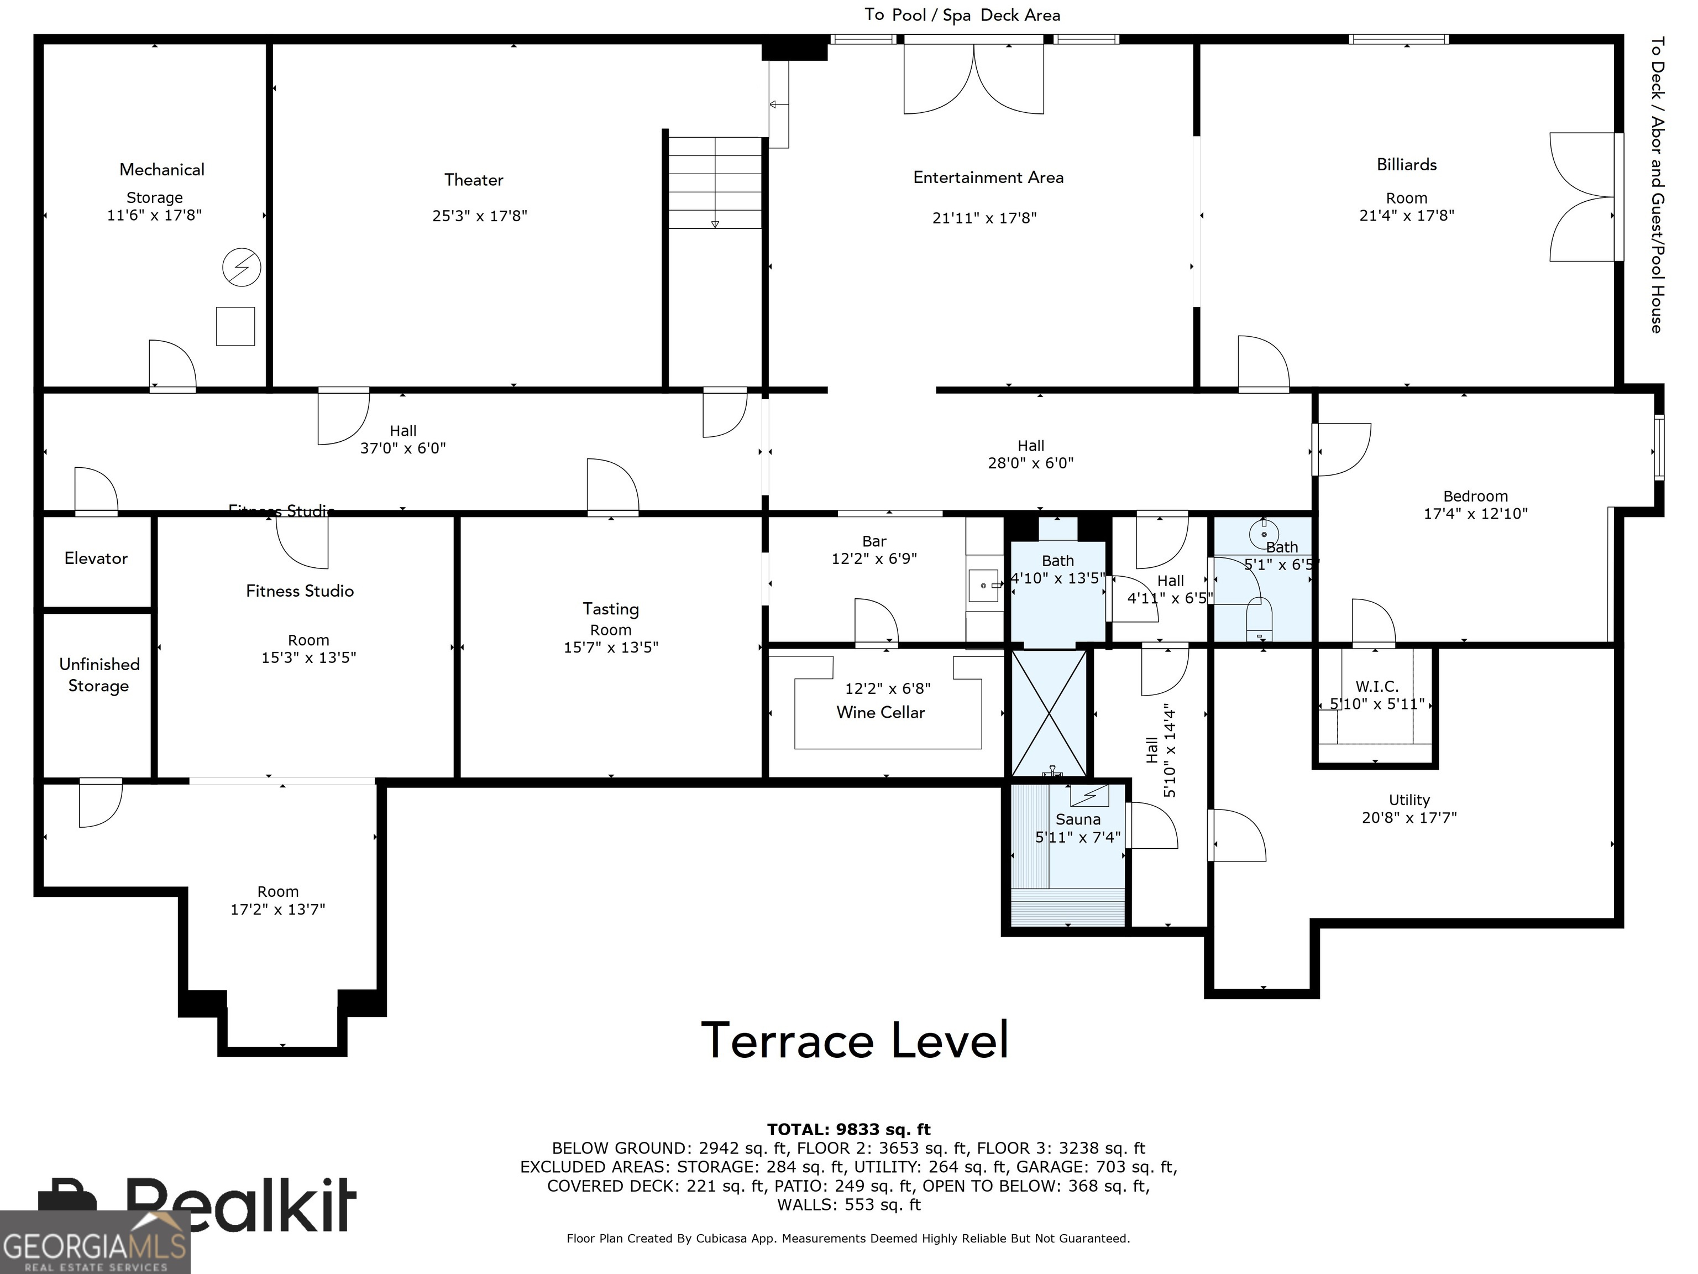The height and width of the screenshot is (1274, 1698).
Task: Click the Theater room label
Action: click(474, 180)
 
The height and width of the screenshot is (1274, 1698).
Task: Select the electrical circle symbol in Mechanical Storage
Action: click(241, 267)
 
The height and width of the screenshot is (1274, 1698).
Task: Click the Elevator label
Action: click(96, 558)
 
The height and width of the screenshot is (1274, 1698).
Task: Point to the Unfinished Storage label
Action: click(99, 675)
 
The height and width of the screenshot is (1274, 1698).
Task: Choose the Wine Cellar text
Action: click(881, 713)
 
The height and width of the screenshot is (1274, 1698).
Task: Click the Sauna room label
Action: click(1078, 819)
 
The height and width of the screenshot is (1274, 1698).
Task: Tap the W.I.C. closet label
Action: click(1376, 686)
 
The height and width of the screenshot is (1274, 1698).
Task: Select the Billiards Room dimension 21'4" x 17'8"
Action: click(1406, 216)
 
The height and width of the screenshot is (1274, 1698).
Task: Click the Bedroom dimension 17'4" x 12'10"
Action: click(1475, 514)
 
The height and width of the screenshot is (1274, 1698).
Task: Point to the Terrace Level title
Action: click(855, 1041)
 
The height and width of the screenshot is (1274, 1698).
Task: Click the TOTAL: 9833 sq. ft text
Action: click(848, 1130)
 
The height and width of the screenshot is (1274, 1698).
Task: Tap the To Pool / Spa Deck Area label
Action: click(962, 15)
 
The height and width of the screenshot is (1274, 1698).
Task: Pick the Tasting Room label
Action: click(610, 618)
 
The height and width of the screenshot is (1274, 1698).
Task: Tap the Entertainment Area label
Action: click(988, 177)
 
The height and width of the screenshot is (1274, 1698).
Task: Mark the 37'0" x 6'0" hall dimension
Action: click(403, 448)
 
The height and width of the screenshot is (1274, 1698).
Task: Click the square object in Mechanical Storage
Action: click(235, 326)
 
